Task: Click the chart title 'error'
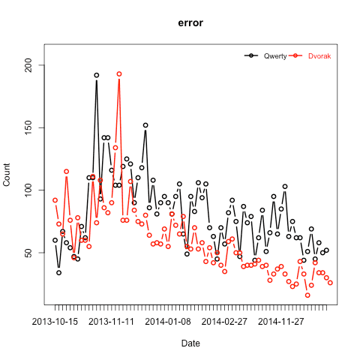(x=190, y=23)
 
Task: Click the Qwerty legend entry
(x=265, y=56)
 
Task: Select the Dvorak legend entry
(x=310, y=56)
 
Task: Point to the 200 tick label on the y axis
(x=29, y=65)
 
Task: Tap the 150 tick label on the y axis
(x=29, y=127)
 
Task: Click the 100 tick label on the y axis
(x=29, y=190)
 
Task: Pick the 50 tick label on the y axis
(x=29, y=253)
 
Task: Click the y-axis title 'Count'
(x=7, y=175)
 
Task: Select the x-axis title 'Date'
(x=190, y=343)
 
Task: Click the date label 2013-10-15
(x=55, y=322)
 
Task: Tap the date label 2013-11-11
(x=112, y=322)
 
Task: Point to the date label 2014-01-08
(x=168, y=322)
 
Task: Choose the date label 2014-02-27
(x=224, y=322)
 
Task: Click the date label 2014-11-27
(x=281, y=322)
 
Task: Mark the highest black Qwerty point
(x=97, y=75)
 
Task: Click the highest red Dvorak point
(x=119, y=74)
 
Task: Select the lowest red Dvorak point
(x=307, y=295)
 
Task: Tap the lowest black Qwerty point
(x=58, y=273)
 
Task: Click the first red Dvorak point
(x=55, y=200)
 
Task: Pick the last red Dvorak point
(x=330, y=283)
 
